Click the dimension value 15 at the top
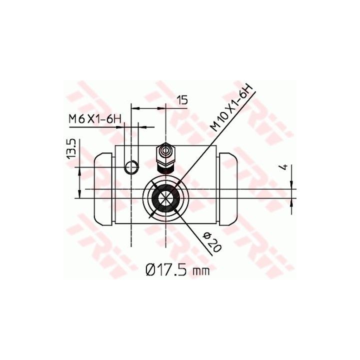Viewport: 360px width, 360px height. tap(182, 100)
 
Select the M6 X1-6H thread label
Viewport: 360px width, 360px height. tap(95, 119)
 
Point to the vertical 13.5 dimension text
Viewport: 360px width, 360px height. tap(71, 149)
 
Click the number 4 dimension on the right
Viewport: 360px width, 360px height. tap(284, 167)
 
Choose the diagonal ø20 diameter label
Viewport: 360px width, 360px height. tap(212, 242)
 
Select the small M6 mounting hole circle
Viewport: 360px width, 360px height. tap(131, 167)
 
